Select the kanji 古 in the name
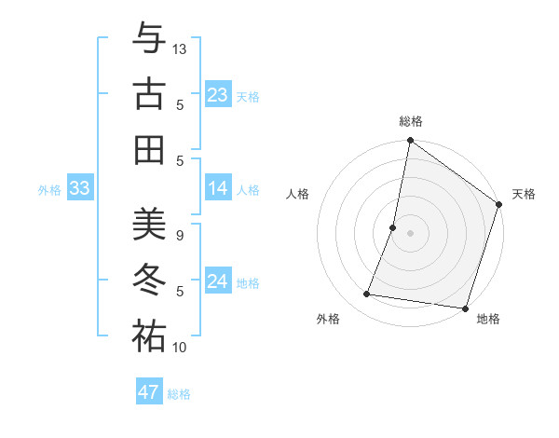(x=149, y=94)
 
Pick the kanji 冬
(x=149, y=281)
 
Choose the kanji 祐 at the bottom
(x=149, y=336)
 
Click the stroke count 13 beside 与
(x=180, y=48)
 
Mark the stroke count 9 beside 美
(x=179, y=236)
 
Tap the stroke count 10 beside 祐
(x=180, y=348)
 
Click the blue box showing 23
(x=218, y=95)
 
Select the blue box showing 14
(x=218, y=188)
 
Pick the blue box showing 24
(x=218, y=281)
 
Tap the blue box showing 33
(x=80, y=188)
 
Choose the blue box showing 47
(x=149, y=392)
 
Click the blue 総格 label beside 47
(x=179, y=394)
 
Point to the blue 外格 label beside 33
(x=49, y=190)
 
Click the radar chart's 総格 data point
(x=410, y=142)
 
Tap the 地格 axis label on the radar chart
(x=488, y=320)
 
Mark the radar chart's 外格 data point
(x=367, y=294)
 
